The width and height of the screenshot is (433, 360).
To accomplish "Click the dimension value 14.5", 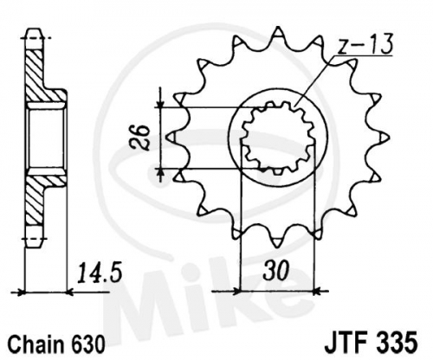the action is [99, 272].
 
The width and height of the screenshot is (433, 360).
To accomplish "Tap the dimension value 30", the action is [275, 270].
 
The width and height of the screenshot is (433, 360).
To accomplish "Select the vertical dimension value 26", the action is [140, 138].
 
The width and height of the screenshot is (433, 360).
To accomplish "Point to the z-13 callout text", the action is [365, 44].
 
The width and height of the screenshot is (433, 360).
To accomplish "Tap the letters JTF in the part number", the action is [348, 343].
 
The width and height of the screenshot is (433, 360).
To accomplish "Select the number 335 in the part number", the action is [397, 343].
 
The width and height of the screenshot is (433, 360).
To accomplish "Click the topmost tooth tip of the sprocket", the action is [278, 27].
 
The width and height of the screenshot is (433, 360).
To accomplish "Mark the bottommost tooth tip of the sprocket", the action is [277, 247].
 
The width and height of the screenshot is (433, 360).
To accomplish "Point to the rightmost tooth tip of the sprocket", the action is [389, 138].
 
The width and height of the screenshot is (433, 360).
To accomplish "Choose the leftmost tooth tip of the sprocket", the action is [168, 138].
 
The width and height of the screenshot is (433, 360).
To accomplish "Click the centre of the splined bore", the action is [278, 138].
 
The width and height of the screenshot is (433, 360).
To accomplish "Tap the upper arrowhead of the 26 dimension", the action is [161, 103].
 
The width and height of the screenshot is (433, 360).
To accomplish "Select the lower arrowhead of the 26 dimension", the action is [161, 173].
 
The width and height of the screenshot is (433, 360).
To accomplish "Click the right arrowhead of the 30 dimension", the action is [317, 292].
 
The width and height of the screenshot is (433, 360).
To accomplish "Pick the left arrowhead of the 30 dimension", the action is [236, 292].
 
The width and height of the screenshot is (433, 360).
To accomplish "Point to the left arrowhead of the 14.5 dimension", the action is [21, 292].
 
